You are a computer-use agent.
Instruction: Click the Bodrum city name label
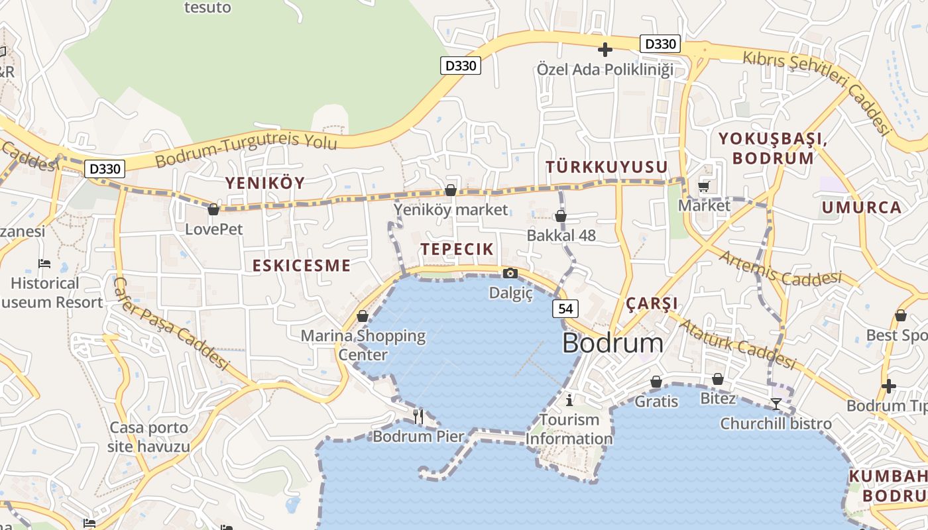pos(612,343)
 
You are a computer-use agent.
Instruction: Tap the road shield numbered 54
pos(565,308)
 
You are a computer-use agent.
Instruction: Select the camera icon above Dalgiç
pos(510,273)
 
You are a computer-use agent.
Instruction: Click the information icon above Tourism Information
pos(569,399)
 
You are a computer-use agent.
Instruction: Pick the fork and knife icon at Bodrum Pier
pos(418,416)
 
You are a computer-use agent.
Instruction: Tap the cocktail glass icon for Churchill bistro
pos(776,403)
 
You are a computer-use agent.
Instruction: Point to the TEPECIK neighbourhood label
pos(457,249)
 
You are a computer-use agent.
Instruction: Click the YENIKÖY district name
pos(264,184)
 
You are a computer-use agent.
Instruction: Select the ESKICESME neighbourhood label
pos(302,266)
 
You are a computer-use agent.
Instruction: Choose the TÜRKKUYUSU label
pos(607,167)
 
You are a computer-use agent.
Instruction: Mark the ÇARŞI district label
pos(652,303)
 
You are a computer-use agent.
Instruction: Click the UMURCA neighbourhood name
pos(862,207)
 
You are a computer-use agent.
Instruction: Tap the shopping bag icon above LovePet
pos(213,210)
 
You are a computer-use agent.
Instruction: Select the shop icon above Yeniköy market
pos(451,191)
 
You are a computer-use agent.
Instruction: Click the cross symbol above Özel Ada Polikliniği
pos(605,50)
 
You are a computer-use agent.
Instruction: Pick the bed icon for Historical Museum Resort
pos(44,264)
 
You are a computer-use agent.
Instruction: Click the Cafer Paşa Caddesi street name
pos(171,323)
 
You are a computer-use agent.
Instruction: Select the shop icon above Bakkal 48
pos(561,216)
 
